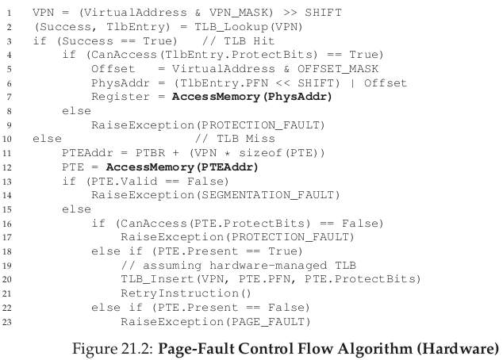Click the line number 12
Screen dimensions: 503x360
click(6, 167)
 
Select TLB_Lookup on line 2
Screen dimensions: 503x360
click(231, 27)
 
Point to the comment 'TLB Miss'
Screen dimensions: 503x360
click(246, 139)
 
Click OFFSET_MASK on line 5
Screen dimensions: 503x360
click(338, 69)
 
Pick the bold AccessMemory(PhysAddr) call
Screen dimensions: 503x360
click(251, 97)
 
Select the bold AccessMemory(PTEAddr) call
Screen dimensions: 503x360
click(182, 167)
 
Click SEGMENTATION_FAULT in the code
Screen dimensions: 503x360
click(268, 195)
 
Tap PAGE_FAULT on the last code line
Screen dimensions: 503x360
click(267, 321)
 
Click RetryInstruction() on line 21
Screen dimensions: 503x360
click(186, 293)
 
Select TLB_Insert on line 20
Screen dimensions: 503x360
click(157, 279)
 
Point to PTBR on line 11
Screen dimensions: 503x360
click(150, 153)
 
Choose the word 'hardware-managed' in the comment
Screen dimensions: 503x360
click(268, 266)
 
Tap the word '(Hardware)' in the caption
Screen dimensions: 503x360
click(458, 349)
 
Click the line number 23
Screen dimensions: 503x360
click(6, 322)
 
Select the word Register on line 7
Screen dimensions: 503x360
click(121, 97)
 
